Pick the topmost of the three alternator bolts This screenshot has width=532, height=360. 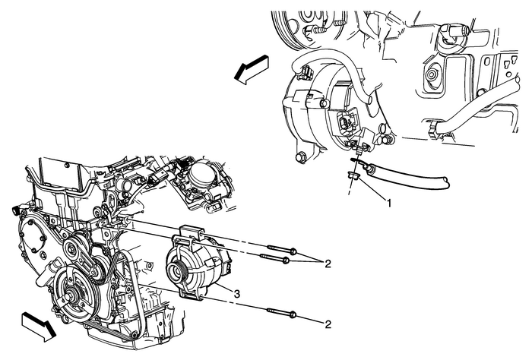(280, 250)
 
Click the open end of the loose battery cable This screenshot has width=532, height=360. (448, 182)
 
